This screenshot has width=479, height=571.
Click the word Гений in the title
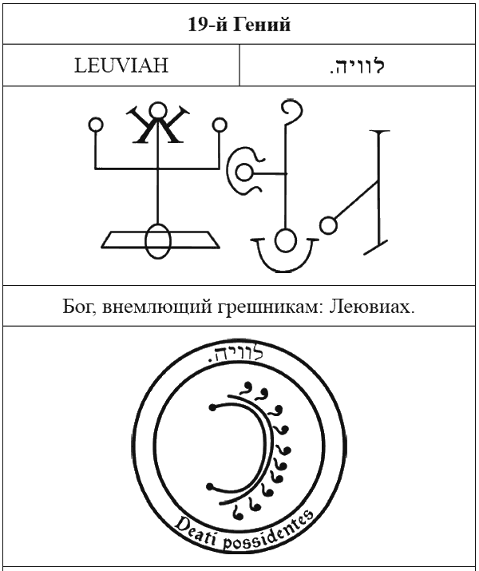pos(261,25)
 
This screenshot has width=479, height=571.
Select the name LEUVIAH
pos(121,65)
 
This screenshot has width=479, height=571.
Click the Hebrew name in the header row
pos(357,65)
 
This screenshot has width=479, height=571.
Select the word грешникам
pos(271,307)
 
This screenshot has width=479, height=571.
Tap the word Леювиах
pos(372,307)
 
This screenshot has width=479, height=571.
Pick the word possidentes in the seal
pos(267,532)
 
